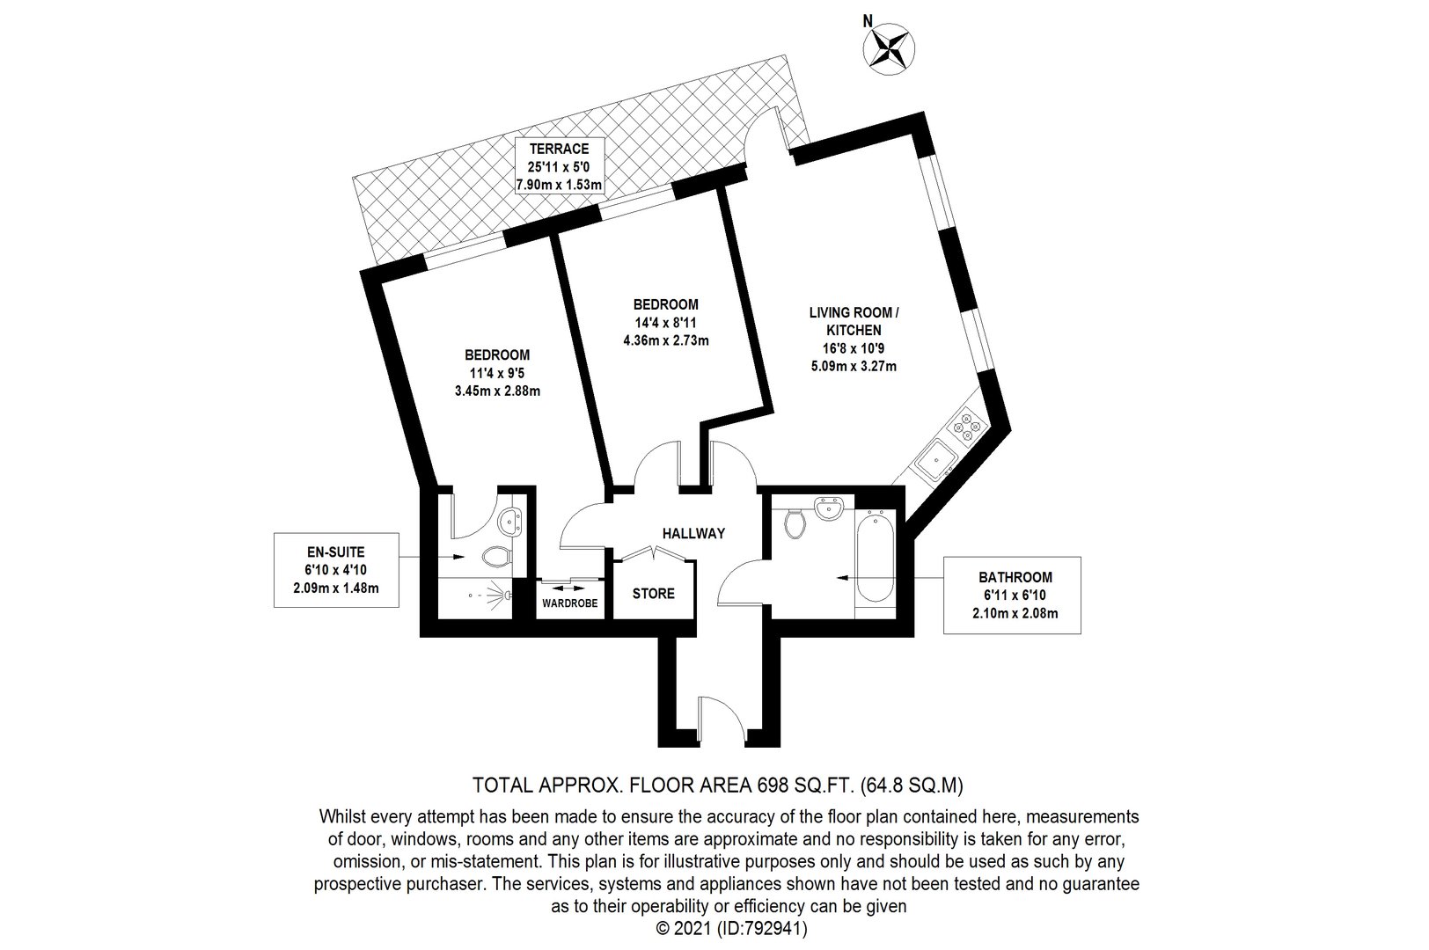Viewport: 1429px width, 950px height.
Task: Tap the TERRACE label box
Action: pos(559,166)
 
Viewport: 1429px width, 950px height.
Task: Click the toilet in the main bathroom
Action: pos(794,523)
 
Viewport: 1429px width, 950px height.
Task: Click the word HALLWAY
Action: pos(693,534)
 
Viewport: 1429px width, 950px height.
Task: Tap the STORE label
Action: pos(653,594)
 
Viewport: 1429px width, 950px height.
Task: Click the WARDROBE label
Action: pos(569,603)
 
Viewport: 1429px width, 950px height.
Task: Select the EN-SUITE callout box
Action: pos(336,570)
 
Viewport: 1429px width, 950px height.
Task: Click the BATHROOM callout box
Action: pos(1013,595)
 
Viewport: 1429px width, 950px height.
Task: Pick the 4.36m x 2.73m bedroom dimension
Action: pos(666,340)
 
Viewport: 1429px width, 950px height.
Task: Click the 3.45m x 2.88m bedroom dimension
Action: pos(498,391)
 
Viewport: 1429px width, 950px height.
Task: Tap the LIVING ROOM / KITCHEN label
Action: pos(854,321)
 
